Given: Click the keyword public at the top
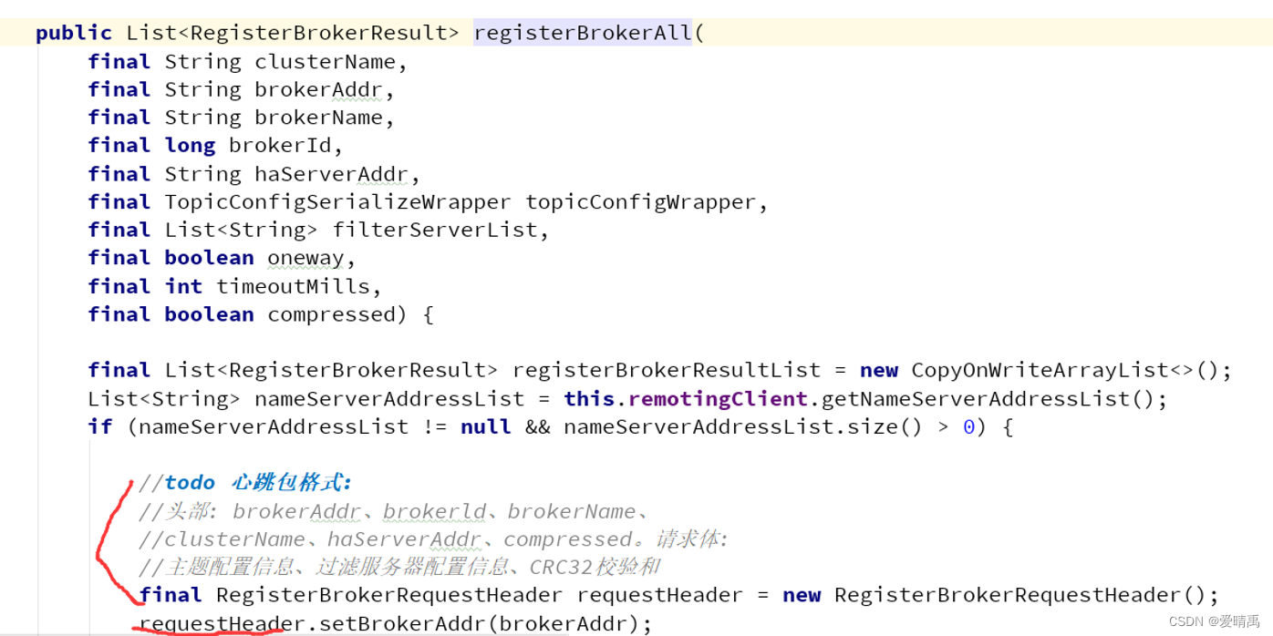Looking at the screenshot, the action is [73, 34].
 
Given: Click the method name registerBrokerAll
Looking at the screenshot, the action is [583, 34].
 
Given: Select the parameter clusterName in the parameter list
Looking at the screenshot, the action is [326, 62].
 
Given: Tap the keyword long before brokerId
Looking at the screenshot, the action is [190, 146].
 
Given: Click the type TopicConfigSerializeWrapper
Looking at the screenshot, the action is [337, 202].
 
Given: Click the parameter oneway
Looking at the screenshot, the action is [305, 258].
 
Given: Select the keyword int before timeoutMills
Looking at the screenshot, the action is [183, 286].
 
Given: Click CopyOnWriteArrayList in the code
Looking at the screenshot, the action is [1040, 370].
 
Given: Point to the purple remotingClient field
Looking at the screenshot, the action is [718, 399].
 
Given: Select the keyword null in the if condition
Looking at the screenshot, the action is [485, 426].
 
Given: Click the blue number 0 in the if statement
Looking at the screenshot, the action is [968, 426].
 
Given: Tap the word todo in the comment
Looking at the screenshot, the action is [190, 483].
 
